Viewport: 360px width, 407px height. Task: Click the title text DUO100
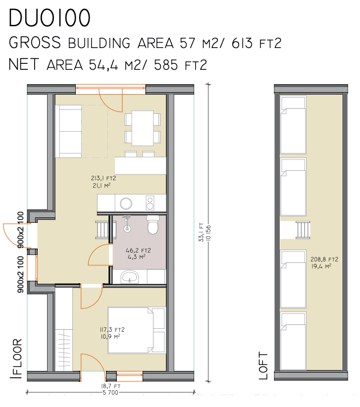[50, 18]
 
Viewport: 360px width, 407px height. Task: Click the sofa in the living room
[70, 131]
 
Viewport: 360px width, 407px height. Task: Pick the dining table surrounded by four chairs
[142, 127]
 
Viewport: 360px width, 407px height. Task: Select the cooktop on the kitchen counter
[150, 203]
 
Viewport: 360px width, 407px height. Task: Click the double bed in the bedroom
[137, 331]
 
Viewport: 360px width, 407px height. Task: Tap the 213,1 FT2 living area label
[103, 178]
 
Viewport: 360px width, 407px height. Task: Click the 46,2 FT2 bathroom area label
[139, 251]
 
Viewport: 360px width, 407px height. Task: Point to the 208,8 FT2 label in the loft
[324, 259]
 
